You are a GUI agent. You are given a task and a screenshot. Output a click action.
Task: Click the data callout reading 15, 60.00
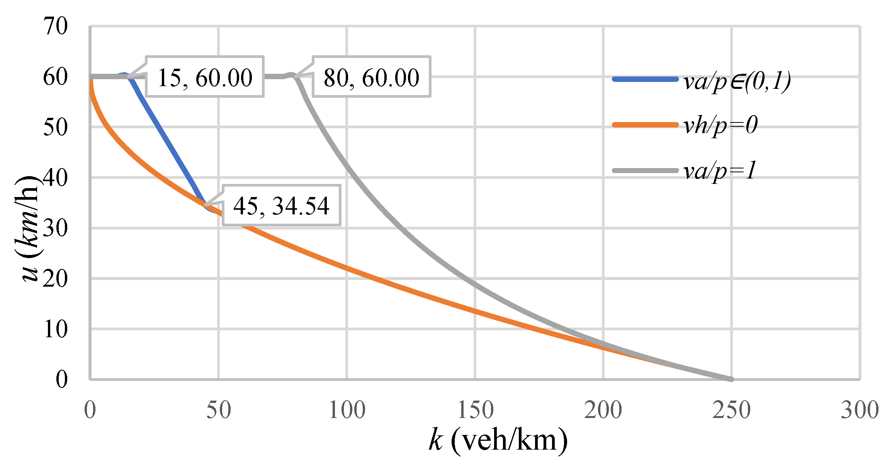205,77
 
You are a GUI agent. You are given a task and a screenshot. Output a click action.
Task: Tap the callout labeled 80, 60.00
371,77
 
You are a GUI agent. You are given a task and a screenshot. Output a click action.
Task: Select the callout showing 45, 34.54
281,205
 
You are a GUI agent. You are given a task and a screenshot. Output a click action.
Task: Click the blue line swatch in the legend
645,79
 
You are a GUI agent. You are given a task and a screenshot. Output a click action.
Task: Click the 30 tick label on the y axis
55,228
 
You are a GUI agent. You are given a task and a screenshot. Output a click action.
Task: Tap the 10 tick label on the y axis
55,329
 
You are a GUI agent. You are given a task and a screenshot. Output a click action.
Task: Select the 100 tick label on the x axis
347,410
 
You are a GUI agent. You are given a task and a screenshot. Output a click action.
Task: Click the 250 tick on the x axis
731,410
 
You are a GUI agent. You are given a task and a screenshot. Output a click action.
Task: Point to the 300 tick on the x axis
860,410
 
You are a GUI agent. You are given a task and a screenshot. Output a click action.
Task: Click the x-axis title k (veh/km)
498,440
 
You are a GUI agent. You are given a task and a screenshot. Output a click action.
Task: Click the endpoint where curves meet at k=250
731,379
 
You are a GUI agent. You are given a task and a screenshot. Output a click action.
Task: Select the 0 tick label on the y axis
62,379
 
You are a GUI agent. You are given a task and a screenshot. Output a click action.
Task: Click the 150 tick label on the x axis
475,410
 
